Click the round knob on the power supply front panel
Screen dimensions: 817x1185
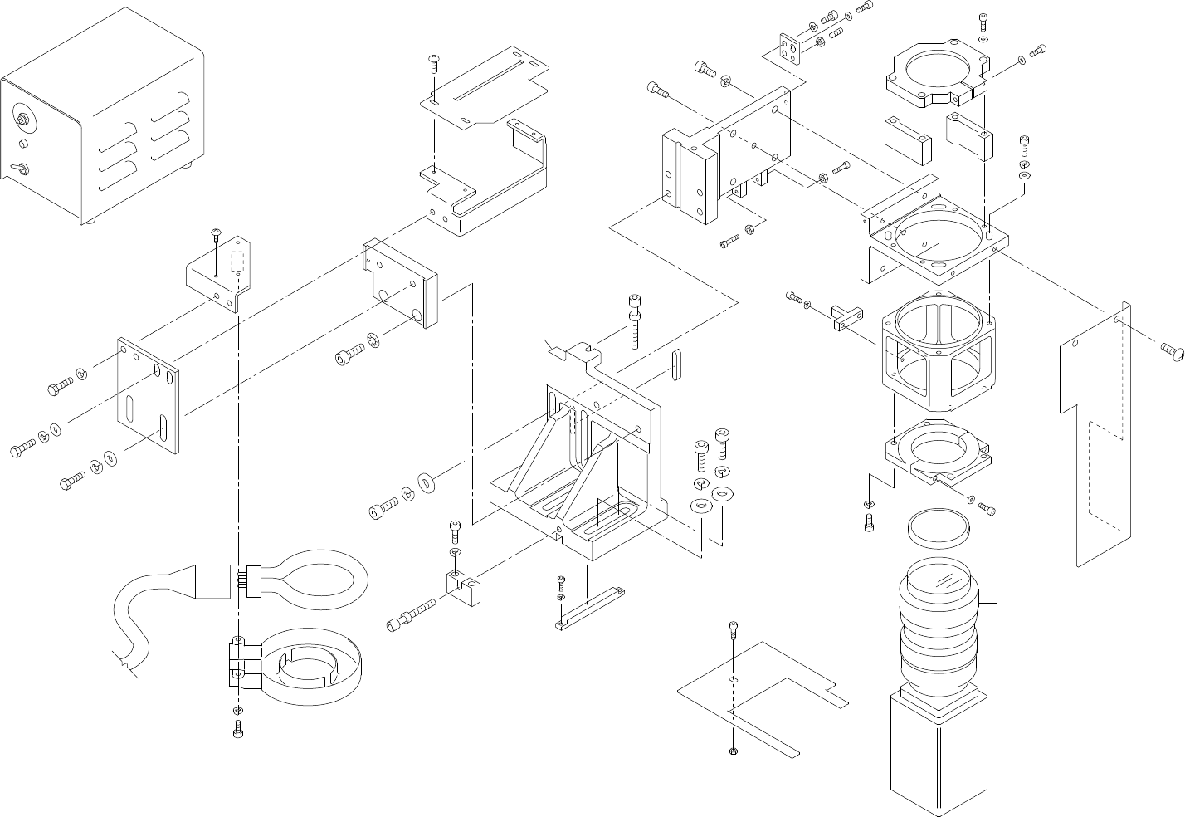tap(23, 119)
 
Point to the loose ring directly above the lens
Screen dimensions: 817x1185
tap(938, 528)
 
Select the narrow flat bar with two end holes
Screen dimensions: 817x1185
tap(591, 608)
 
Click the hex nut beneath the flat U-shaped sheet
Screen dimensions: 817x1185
tap(733, 751)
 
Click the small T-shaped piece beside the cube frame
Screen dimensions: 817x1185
tap(839, 319)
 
